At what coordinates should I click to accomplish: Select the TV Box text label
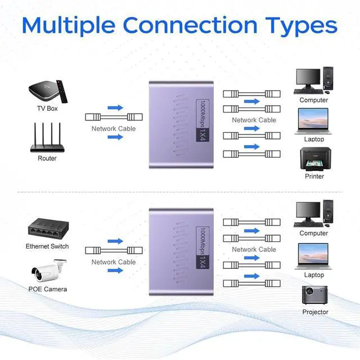(47, 109)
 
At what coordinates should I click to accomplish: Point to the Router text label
(47, 159)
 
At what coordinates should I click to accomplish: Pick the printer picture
(313, 159)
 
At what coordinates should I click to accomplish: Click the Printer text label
(314, 176)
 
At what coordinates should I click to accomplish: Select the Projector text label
(315, 312)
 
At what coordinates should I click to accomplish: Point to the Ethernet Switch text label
(47, 246)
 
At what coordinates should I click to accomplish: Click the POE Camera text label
(48, 289)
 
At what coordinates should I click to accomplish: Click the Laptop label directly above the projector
(314, 275)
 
